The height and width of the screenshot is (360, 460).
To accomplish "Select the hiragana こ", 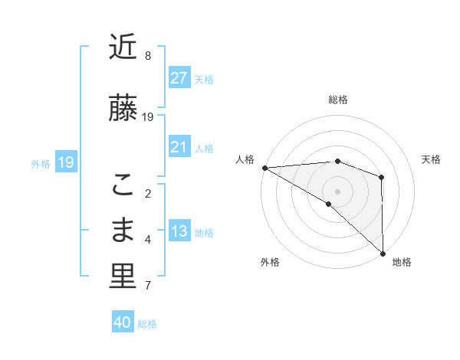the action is click(123, 185).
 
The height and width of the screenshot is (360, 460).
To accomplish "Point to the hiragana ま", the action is click(123, 230).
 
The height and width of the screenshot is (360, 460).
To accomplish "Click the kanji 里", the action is click(123, 277).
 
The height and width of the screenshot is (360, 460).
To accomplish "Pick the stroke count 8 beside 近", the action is click(148, 56).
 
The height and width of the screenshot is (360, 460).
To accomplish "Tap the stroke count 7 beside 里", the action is click(148, 286).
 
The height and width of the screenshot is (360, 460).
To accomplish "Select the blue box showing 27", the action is click(179, 78).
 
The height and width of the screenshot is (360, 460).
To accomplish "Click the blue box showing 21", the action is click(179, 147).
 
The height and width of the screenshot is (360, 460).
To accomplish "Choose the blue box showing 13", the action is click(179, 231).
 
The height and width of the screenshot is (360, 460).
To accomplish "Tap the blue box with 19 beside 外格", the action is click(65, 162).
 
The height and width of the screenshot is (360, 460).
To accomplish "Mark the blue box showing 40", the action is click(123, 322).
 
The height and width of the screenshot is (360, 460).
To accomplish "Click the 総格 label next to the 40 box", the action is click(147, 324).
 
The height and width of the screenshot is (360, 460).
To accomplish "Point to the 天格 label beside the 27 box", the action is click(204, 79).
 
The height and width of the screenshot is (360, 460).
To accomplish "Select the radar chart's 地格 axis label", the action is click(402, 262).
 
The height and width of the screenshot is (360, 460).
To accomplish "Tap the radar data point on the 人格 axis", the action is click(264, 168).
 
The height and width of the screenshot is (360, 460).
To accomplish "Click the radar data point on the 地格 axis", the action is click(383, 253).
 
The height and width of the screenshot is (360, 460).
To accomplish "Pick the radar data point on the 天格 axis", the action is click(381, 178).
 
